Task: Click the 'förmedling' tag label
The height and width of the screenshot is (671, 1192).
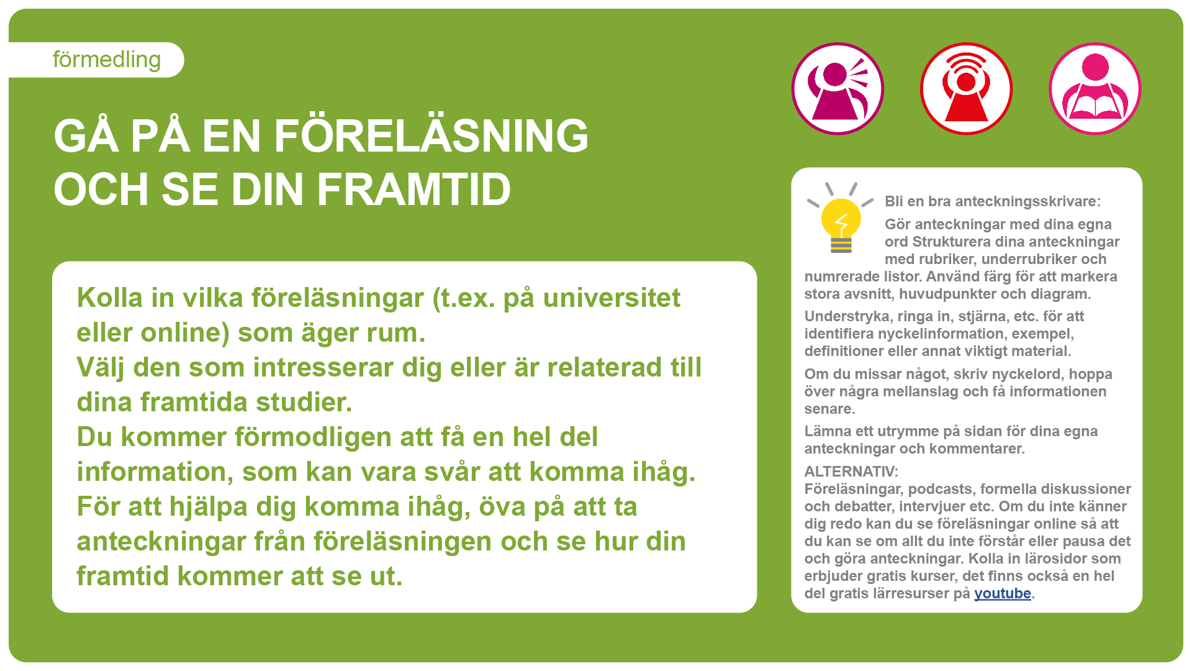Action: (107, 60)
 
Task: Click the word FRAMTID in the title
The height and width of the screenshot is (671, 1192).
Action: (414, 189)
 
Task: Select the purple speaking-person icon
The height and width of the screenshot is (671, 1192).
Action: (838, 89)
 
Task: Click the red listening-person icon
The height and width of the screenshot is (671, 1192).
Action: (966, 89)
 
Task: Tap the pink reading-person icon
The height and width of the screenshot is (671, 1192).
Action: (1095, 89)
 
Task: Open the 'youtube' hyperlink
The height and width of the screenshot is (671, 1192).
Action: (1003, 594)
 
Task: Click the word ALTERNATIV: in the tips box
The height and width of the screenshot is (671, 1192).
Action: (851, 472)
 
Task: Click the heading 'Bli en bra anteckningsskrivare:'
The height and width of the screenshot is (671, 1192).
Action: (993, 201)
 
